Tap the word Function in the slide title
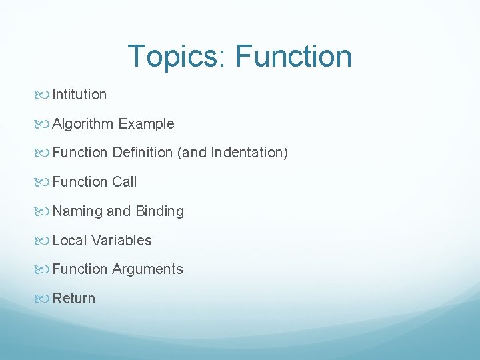click(293, 56)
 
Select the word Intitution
click(79, 95)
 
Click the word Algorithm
click(83, 124)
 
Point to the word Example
click(147, 124)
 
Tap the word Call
click(124, 182)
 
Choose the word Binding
click(159, 211)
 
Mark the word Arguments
click(147, 269)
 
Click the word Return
click(74, 299)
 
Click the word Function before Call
click(80, 182)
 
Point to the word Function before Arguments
click(80, 269)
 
